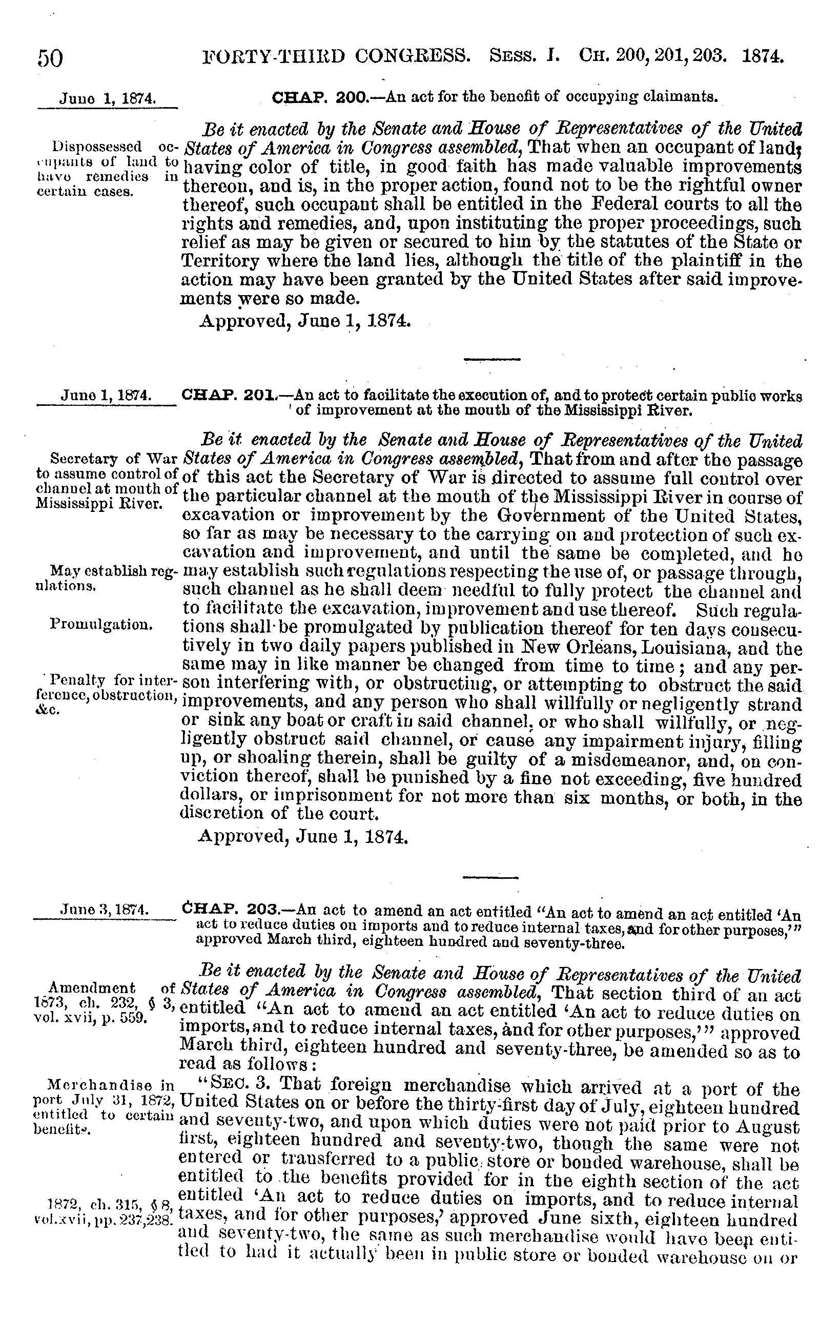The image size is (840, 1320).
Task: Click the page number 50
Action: coord(50,58)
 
